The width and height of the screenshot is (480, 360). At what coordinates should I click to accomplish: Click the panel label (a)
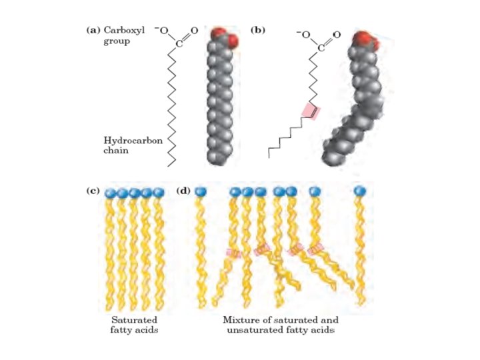pyautogui.click(x=93, y=30)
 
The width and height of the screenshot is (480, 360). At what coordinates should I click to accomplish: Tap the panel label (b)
pyautogui.click(x=256, y=30)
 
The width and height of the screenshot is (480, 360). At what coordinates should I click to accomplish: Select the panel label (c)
pyautogui.click(x=93, y=191)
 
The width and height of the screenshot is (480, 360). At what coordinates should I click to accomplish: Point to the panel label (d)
pyautogui.click(x=185, y=191)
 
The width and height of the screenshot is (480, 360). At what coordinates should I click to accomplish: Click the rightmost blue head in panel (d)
pyautogui.click(x=360, y=192)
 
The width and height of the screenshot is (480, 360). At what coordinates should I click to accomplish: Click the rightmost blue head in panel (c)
pyautogui.click(x=158, y=193)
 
